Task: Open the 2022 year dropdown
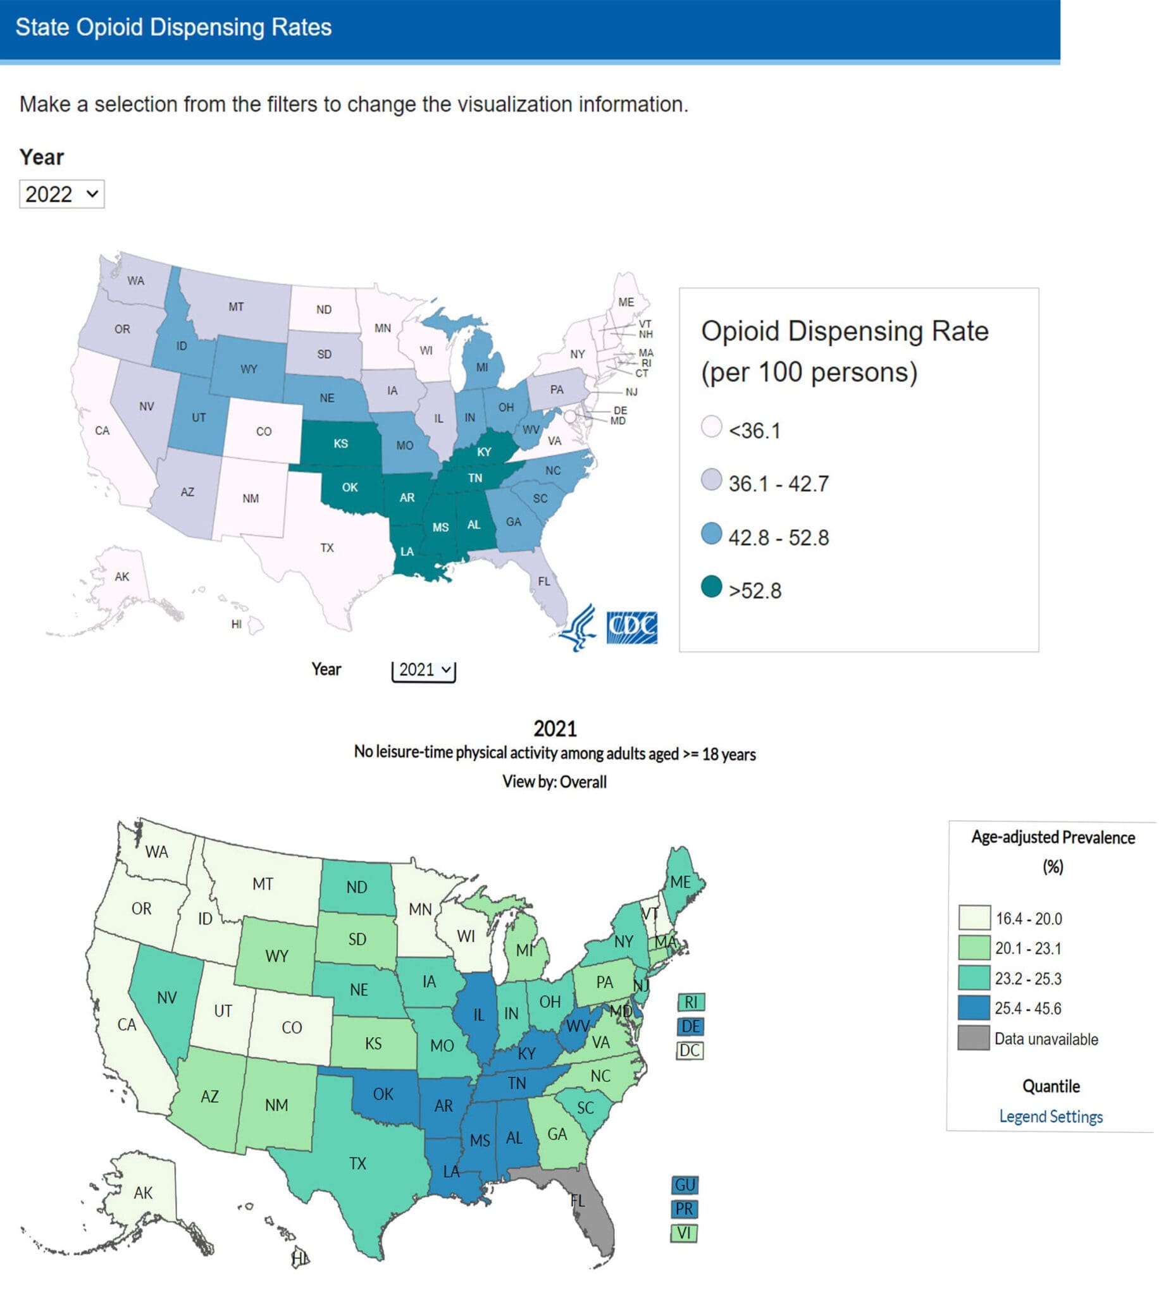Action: click(x=61, y=194)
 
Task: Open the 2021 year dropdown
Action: click(x=423, y=670)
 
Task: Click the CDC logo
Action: click(x=631, y=627)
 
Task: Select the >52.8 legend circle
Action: click(x=712, y=587)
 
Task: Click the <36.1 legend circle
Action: click(x=712, y=427)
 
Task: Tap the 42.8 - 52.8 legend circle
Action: click(x=712, y=534)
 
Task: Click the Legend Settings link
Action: click(x=1051, y=1117)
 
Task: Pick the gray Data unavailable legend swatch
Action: click(x=974, y=1038)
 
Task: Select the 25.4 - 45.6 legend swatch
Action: click(x=974, y=1008)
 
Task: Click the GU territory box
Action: click(x=685, y=1186)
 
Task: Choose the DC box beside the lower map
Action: click(x=690, y=1051)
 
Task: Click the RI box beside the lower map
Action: click(x=691, y=1002)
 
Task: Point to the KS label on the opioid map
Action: click(x=341, y=443)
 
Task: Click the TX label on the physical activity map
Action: click(x=357, y=1163)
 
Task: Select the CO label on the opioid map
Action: click(x=264, y=432)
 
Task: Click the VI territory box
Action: click(x=684, y=1233)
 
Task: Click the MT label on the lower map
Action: click(x=263, y=885)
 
